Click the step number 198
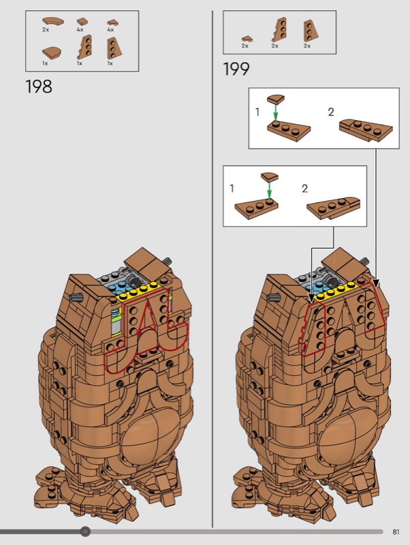[x=39, y=87]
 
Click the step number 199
[x=236, y=69]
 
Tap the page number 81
[x=396, y=532]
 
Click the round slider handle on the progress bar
[x=85, y=531]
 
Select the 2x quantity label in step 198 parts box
[x=46, y=30]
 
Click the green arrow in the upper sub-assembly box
[x=276, y=112]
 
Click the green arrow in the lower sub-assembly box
[x=269, y=190]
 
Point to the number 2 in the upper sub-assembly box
[x=331, y=112]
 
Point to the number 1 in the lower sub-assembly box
[x=232, y=189]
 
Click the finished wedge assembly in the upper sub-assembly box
[x=366, y=130]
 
